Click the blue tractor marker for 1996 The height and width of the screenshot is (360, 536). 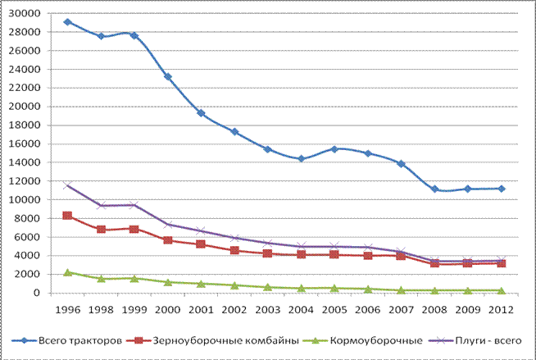click(68, 22)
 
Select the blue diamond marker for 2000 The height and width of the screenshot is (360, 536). click(168, 76)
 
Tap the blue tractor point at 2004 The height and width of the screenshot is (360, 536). click(301, 158)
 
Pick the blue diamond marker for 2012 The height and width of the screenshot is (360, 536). click(502, 189)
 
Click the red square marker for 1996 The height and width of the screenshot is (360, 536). click(67, 216)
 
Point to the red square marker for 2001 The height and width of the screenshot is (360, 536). click(201, 244)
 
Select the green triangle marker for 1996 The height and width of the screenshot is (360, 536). click(68, 272)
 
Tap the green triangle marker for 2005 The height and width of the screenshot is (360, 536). click(334, 288)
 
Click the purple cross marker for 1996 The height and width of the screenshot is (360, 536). click(67, 185)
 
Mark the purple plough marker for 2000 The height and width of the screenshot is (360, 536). click(168, 225)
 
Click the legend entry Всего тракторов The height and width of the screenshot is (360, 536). click(66, 340)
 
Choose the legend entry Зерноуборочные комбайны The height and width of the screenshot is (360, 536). click(212, 340)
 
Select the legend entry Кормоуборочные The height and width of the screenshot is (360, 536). click(363, 340)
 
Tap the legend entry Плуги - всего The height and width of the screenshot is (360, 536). click(475, 340)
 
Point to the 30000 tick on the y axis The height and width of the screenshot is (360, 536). click(25, 13)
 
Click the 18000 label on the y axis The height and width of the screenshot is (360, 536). click(25, 125)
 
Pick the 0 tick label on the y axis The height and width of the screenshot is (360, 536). click(37, 293)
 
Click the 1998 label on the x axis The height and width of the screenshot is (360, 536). click(101, 310)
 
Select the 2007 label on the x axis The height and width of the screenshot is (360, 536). click(401, 310)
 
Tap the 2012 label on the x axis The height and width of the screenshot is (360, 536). click(501, 310)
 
